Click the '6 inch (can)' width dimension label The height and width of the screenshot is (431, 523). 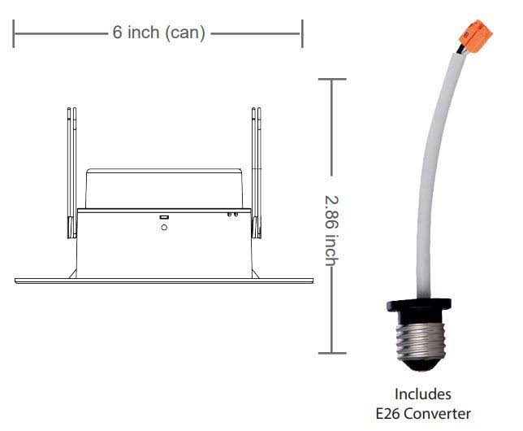click(159, 33)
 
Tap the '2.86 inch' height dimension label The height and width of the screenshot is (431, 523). click(332, 230)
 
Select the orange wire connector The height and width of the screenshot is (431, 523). click(476, 36)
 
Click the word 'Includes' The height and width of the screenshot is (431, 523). click(422, 394)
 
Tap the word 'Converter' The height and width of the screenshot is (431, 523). click(439, 414)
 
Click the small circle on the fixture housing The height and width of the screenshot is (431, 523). click(164, 228)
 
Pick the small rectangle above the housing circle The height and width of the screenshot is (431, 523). click(164, 217)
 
